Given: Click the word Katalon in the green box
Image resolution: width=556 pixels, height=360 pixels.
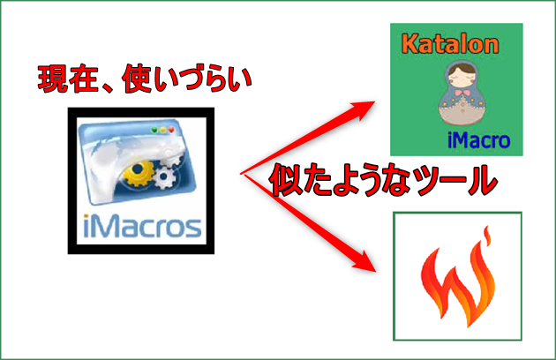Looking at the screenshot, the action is click(450, 44).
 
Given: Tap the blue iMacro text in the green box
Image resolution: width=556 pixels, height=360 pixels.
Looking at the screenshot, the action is click(478, 140).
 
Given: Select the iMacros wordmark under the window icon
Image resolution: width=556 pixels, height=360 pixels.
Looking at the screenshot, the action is click(142, 226).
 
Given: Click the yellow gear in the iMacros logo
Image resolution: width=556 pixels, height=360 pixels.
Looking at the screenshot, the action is click(139, 174).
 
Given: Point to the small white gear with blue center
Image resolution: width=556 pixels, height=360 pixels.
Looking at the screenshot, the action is click(164, 176).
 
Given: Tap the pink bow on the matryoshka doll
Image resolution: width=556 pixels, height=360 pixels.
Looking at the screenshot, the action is click(462, 93).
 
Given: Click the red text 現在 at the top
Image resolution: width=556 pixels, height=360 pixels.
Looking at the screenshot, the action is click(68, 79).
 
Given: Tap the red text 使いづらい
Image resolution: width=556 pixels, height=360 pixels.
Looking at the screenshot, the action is click(186, 79).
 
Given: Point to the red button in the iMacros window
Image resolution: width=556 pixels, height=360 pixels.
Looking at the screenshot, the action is click(171, 131).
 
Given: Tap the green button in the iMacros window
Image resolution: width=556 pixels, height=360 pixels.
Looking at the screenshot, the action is click(154, 131).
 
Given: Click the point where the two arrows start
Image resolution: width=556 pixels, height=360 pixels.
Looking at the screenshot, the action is click(241, 174).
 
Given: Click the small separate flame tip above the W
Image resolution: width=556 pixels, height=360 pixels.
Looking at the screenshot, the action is click(487, 236).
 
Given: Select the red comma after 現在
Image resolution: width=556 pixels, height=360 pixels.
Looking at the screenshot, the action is click(108, 88).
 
